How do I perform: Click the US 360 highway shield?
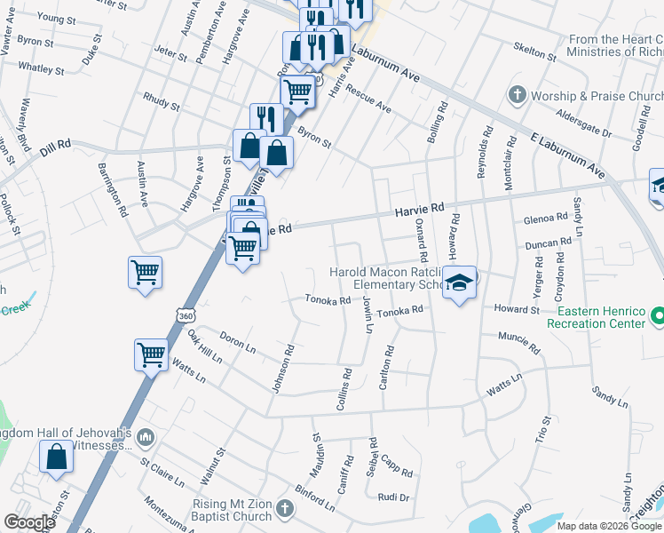(184, 316)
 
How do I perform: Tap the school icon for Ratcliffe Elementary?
(459, 283)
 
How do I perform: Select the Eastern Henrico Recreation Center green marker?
(658, 316)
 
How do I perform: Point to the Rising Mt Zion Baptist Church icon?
(284, 509)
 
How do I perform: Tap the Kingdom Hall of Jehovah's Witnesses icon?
(147, 437)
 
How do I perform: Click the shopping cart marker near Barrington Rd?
(145, 272)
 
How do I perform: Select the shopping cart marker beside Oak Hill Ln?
(151, 354)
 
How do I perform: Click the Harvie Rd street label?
(419, 209)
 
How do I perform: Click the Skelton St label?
(535, 52)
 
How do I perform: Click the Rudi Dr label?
(392, 497)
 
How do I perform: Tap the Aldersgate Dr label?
(583, 124)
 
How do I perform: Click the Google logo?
(29, 522)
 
